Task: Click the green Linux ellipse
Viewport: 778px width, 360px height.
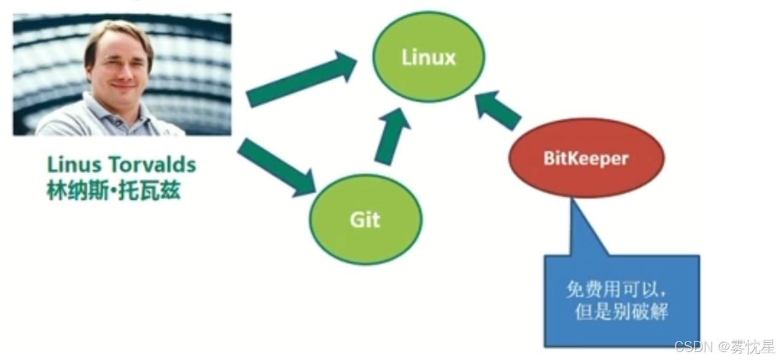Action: click(x=429, y=57)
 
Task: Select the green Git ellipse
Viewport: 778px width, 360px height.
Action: click(x=365, y=219)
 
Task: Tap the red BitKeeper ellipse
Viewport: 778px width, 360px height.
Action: click(x=586, y=158)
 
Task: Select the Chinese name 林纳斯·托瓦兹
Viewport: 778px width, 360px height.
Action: click(x=113, y=191)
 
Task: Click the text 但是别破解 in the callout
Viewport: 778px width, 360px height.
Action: click(x=621, y=313)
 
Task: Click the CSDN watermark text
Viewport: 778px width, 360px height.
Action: click(x=691, y=346)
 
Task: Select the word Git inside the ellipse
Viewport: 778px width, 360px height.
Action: click(x=365, y=219)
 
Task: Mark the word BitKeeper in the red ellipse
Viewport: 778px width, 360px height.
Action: click(x=586, y=158)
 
